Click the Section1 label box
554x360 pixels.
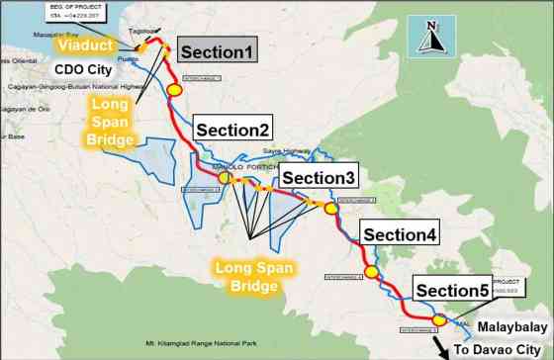(x=217, y=52)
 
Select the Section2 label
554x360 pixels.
(x=232, y=130)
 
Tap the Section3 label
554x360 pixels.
(x=316, y=177)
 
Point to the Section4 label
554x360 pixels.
(x=399, y=234)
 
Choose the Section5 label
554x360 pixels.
(x=452, y=290)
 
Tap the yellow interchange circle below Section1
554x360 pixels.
(x=175, y=89)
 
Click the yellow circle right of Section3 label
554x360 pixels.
(x=331, y=209)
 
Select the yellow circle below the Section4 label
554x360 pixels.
(x=372, y=272)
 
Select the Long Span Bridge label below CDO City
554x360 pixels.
(x=112, y=123)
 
